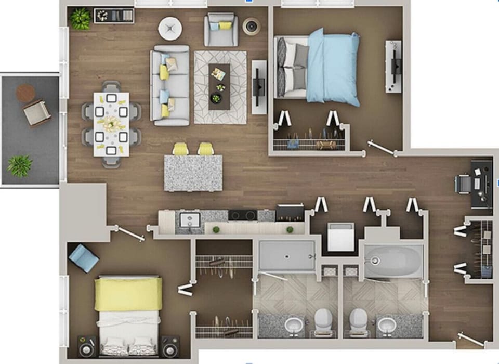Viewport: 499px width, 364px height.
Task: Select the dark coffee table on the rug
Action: pyautogui.click(x=219, y=86)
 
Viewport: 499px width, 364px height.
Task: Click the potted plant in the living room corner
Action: pyautogui.click(x=81, y=19)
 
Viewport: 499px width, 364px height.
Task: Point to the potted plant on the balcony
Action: pyautogui.click(x=20, y=166)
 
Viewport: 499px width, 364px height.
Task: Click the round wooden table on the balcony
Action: pyautogui.click(x=25, y=93)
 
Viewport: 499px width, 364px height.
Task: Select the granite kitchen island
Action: pyautogui.click(x=193, y=173)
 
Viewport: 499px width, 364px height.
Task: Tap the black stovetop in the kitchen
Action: pyautogui.click(x=243, y=215)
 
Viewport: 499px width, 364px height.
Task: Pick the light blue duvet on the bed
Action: pyautogui.click(x=333, y=67)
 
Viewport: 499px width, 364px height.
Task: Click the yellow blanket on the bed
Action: pyautogui.click(x=128, y=294)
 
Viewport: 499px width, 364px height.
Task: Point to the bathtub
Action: pyautogui.click(x=393, y=259)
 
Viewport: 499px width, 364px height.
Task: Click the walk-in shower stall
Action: pyautogui.click(x=287, y=255)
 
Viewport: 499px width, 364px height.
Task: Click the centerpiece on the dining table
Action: pyautogui.click(x=111, y=124)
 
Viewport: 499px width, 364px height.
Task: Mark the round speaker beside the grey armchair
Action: pyautogui.click(x=252, y=25)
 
